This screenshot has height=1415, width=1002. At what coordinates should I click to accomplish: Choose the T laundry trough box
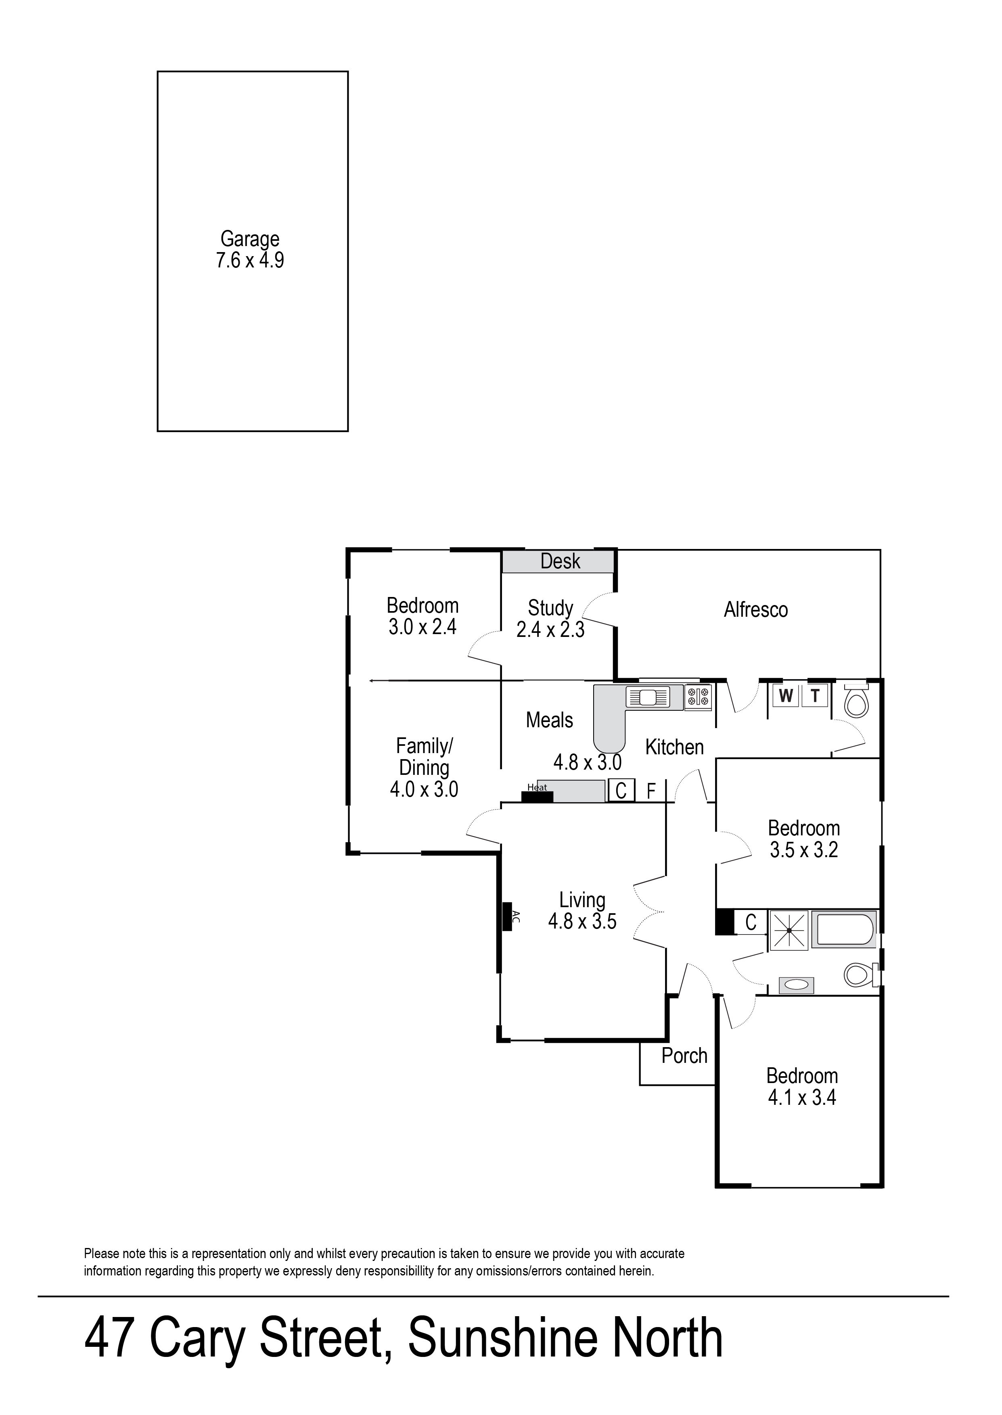[814, 696]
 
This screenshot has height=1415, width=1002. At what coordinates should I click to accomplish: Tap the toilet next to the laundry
[856, 700]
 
